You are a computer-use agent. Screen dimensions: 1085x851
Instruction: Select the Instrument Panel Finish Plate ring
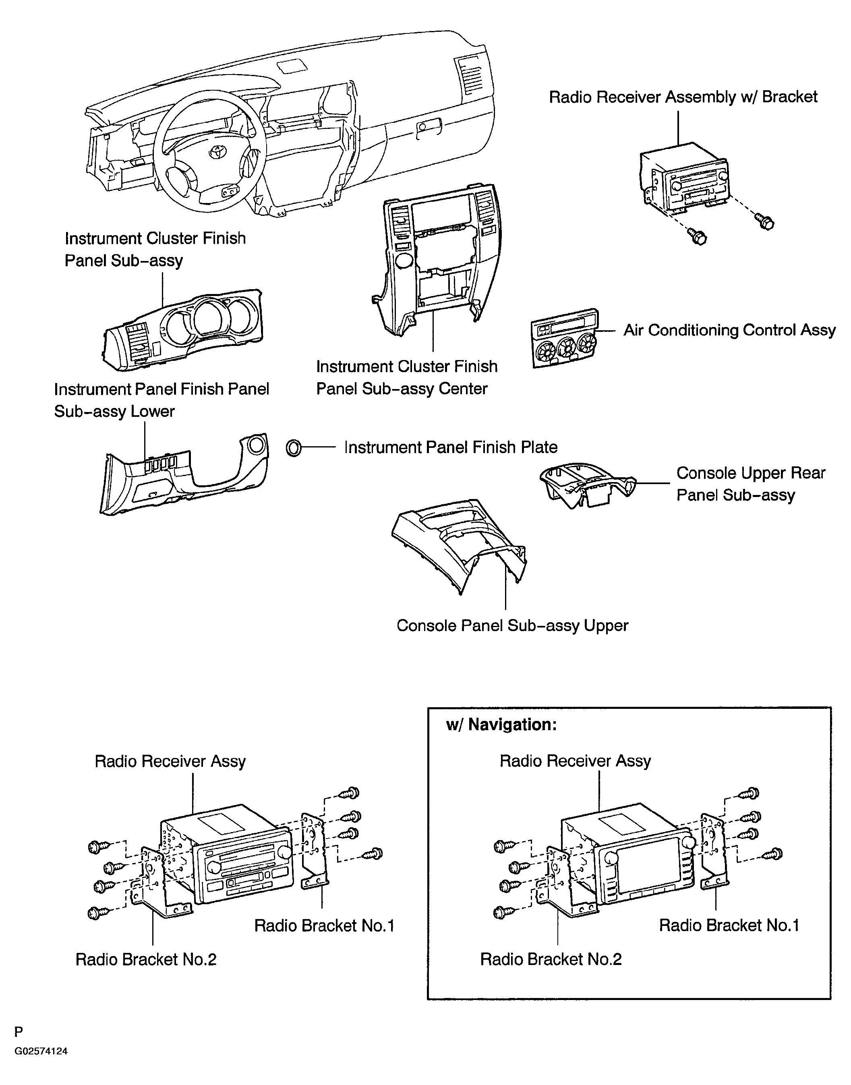click(x=294, y=448)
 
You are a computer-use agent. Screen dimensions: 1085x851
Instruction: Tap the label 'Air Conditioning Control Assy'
click(x=729, y=330)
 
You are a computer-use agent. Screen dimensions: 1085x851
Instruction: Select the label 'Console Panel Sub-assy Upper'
click(x=512, y=626)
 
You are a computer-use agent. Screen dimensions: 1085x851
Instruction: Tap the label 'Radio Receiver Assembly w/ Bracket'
click(x=683, y=97)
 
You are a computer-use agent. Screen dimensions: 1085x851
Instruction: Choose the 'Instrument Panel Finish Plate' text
click(x=450, y=447)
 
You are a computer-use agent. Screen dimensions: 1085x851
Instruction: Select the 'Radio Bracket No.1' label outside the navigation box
click(x=324, y=926)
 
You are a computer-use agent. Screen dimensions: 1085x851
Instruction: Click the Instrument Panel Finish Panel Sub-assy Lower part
click(x=184, y=473)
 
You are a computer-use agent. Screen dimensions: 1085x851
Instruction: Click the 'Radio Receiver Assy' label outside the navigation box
click(x=170, y=761)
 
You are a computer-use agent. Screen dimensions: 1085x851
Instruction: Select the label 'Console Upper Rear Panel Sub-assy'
click(x=750, y=484)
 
